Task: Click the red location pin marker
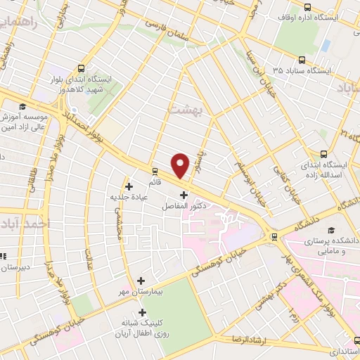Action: [x=181, y=165]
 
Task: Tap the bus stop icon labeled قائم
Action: [x=154, y=170]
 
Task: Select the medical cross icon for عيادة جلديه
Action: [x=129, y=186]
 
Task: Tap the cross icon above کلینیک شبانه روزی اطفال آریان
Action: [x=143, y=312]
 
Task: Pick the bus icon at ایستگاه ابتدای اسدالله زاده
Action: [x=324, y=154]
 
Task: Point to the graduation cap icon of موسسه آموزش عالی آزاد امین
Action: [x=22, y=106]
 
